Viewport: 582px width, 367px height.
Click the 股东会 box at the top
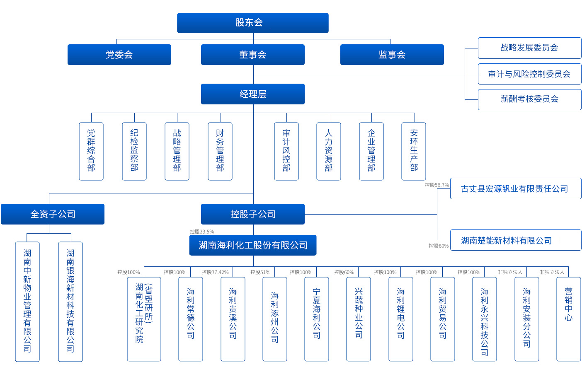click(x=252, y=23)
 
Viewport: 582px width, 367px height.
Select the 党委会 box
click(x=119, y=55)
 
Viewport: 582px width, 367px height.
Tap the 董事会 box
click(x=252, y=55)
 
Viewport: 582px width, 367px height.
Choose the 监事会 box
click(x=392, y=55)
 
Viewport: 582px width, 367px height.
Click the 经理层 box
click(x=252, y=94)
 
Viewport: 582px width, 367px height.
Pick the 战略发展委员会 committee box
click(x=529, y=48)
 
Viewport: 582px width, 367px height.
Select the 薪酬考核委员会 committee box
click(x=529, y=99)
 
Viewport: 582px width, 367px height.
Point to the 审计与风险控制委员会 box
click(x=529, y=74)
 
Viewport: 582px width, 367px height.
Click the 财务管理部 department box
click(x=220, y=151)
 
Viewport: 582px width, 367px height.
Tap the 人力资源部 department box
click(x=329, y=151)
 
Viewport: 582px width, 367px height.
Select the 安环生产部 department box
click(x=414, y=151)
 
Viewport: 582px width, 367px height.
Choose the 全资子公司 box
click(x=53, y=214)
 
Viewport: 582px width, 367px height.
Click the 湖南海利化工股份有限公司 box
click(x=253, y=245)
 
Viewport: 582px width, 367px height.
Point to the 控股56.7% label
click(x=436, y=185)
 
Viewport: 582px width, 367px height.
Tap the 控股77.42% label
click(x=215, y=272)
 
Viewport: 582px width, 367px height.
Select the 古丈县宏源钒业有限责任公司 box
click(x=515, y=189)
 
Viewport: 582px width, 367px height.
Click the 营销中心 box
click(x=568, y=319)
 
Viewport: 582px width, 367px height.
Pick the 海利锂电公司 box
click(x=401, y=319)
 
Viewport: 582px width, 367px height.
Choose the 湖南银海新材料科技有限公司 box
click(x=70, y=302)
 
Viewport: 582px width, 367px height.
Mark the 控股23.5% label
click(x=202, y=232)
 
